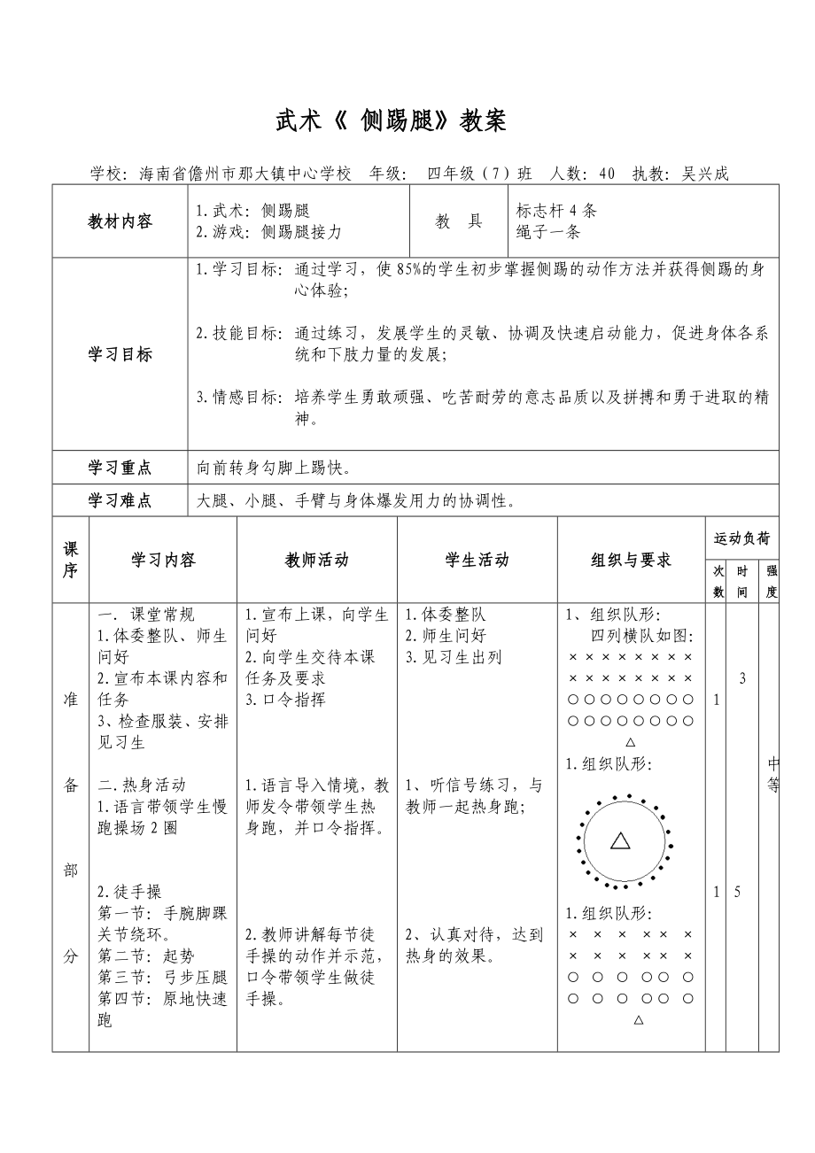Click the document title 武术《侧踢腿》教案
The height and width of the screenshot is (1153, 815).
point(391,122)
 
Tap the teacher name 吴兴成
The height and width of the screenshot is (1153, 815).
point(705,174)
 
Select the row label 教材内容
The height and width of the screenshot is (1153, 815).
point(120,221)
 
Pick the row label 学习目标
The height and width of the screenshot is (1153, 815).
point(120,354)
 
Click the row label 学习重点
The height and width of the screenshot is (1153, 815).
point(120,467)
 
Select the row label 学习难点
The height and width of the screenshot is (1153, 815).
point(120,500)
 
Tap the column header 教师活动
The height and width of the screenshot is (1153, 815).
point(316,560)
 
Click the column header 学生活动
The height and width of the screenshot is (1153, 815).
point(477,560)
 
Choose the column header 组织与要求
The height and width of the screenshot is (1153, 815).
point(631,560)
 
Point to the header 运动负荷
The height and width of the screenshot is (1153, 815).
point(741,538)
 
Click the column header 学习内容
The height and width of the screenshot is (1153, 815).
point(163,560)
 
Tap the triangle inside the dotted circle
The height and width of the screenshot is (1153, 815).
point(620,841)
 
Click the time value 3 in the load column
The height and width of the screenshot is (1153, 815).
point(742,678)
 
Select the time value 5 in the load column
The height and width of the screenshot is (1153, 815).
point(737,892)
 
